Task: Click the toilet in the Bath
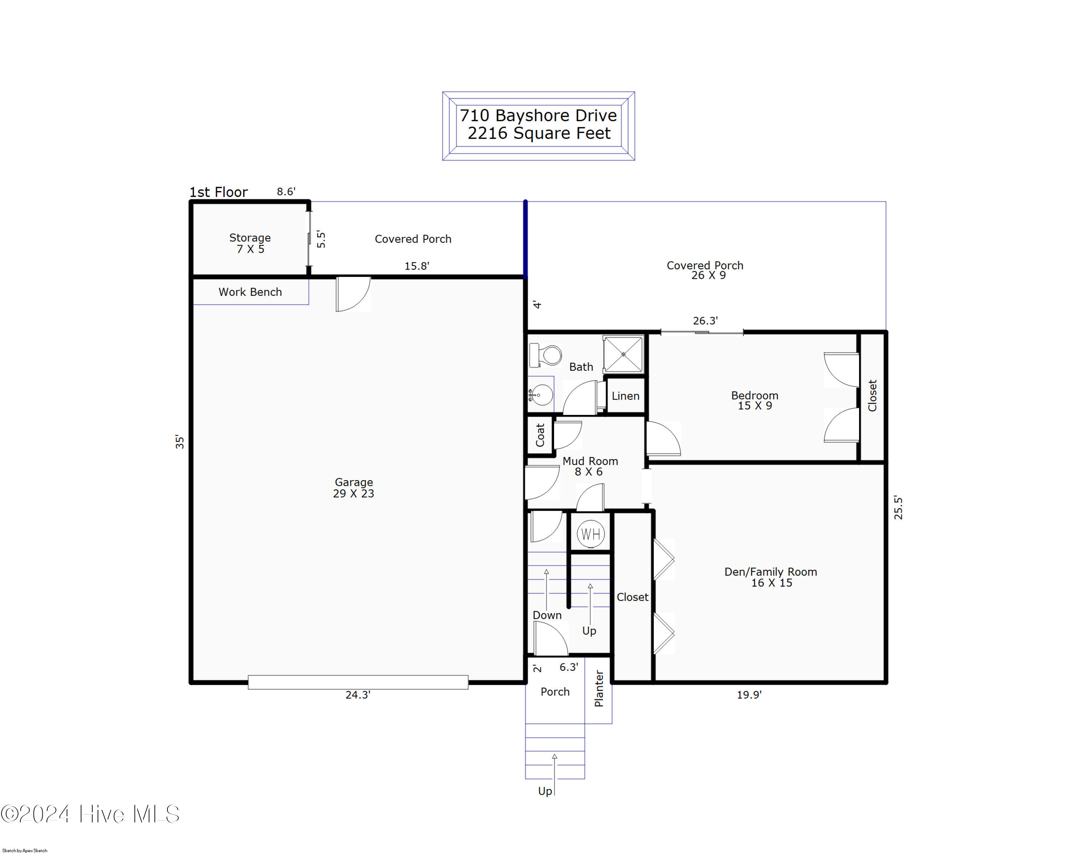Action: coord(545,355)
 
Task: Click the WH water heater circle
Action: coord(590,534)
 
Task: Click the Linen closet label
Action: coord(625,396)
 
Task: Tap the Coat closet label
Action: coord(540,435)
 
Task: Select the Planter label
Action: coord(599,689)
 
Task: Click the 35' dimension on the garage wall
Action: coord(180,441)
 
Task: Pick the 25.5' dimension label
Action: coord(898,507)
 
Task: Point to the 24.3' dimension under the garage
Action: coord(358,695)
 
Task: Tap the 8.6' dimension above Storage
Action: coord(286,191)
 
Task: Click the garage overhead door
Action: coord(358,682)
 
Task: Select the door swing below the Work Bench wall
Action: coord(353,294)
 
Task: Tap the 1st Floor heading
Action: coord(219,192)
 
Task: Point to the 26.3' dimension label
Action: coord(705,321)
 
